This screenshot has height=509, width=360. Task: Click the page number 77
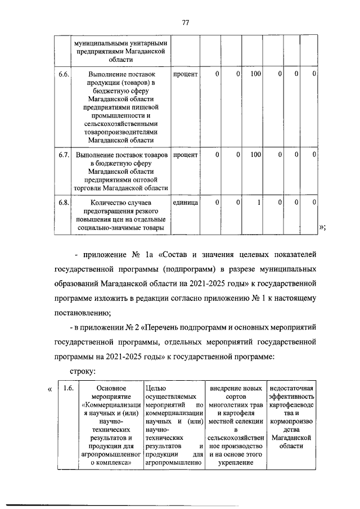[x=185, y=22]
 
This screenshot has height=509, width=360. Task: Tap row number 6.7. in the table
[x=64, y=154]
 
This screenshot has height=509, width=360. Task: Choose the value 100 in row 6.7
[x=255, y=154]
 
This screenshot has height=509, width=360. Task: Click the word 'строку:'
[x=82, y=371]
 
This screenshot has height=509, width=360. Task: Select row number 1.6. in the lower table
[x=68, y=388]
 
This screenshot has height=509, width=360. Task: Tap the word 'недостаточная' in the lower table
[x=292, y=388]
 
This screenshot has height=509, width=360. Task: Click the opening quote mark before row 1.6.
[x=51, y=388]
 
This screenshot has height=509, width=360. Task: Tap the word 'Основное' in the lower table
[x=110, y=388]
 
